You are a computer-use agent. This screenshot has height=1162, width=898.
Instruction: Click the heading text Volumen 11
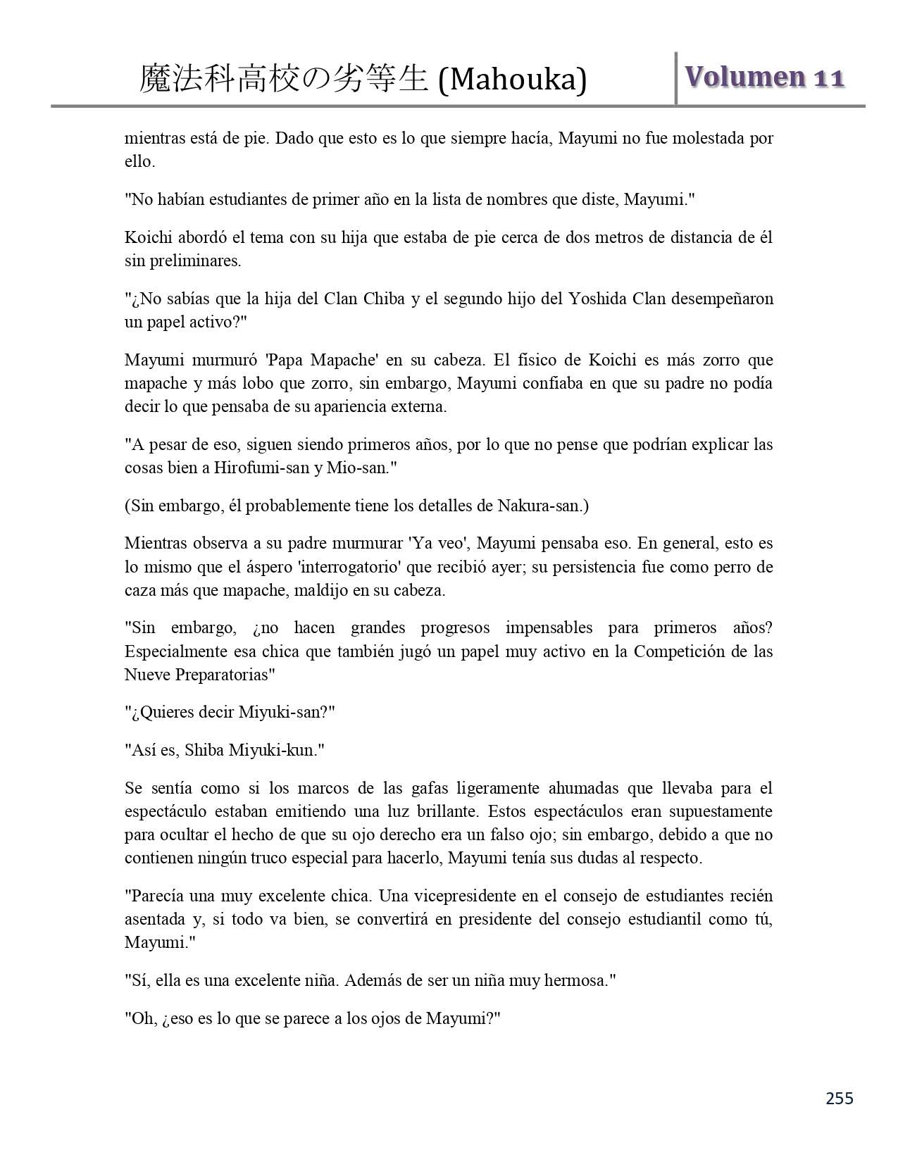(763, 77)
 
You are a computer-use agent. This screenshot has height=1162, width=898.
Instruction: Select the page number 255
(839, 1098)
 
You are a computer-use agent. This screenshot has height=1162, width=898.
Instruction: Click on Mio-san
(357, 468)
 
